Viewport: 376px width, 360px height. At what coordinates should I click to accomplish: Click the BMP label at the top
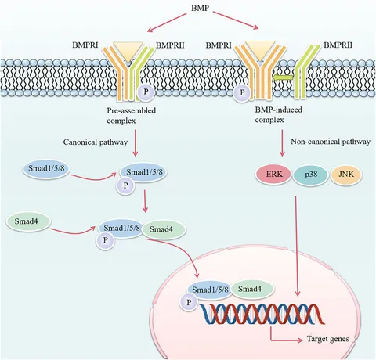(200, 8)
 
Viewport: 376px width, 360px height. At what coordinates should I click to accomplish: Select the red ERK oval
(273, 175)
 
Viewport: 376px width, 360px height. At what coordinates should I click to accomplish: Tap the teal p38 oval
(310, 175)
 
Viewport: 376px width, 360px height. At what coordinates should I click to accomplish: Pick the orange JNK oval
(346, 175)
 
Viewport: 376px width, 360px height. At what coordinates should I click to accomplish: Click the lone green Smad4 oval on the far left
(28, 221)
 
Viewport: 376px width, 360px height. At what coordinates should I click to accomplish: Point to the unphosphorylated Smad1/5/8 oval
(46, 168)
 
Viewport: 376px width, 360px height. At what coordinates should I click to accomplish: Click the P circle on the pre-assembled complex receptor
(146, 92)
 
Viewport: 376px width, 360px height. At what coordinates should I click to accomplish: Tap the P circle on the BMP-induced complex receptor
(242, 92)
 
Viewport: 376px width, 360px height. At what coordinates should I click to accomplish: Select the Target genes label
(327, 339)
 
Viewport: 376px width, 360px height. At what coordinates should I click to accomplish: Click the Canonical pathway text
(96, 142)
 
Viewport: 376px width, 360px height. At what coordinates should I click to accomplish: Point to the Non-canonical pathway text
(331, 142)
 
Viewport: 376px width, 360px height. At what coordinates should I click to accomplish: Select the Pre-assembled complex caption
(131, 115)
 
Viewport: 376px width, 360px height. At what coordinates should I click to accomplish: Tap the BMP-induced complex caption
(278, 114)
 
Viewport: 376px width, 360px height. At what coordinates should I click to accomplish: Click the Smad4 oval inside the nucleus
(251, 290)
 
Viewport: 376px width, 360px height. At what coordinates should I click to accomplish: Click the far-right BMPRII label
(338, 45)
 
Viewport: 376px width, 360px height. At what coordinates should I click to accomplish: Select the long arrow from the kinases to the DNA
(297, 246)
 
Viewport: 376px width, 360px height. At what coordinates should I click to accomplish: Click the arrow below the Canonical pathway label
(136, 143)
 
